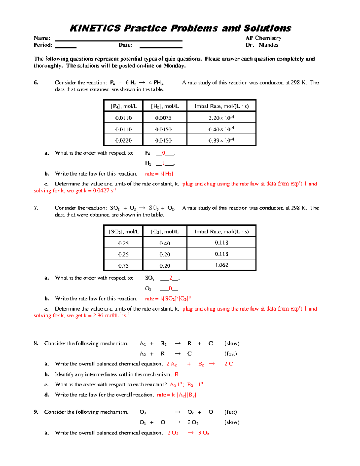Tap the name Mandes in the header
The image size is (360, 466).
coord(268,45)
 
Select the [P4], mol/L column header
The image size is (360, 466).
coord(124,106)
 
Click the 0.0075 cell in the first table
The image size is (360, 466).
coord(163,118)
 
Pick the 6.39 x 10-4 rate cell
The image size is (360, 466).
coord(221,140)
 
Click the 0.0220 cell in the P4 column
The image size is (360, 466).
coord(124,140)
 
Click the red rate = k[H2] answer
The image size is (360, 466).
coord(159,174)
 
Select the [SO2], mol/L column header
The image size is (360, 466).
coord(124,232)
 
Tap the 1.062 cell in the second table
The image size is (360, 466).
coord(221,265)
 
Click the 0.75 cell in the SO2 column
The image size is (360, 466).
coord(123,266)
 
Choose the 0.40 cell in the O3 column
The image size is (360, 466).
coord(165,243)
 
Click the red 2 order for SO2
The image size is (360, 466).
coord(171,278)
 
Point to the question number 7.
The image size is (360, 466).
coord(36,208)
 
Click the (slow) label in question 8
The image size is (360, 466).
coord(232,344)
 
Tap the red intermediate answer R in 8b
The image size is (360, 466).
coord(177,374)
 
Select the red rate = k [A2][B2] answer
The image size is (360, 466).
coord(176,395)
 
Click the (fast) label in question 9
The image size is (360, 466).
coord(231,412)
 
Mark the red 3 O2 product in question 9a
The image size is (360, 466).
coord(203,433)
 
